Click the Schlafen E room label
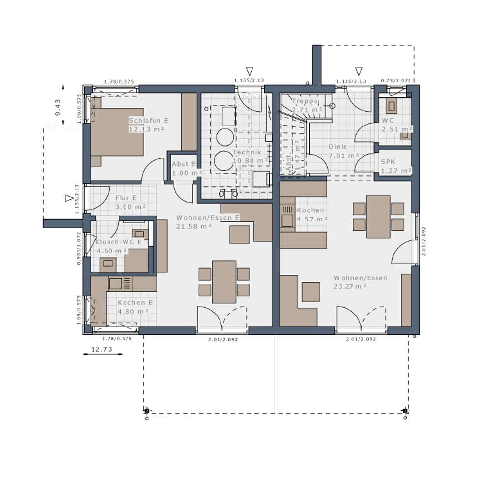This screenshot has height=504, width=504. click(x=149, y=121)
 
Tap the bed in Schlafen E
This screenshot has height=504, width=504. click(x=117, y=131)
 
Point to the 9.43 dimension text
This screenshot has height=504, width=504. click(x=58, y=107)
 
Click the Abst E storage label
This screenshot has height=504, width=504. click(x=184, y=164)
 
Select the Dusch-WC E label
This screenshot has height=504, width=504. click(x=120, y=242)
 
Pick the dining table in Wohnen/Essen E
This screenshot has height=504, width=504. click(x=224, y=282)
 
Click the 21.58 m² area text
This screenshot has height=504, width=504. click(x=193, y=226)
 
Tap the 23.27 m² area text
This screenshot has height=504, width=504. click(x=350, y=286)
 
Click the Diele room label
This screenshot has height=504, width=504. click(x=338, y=147)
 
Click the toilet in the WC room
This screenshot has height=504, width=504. click(x=392, y=106)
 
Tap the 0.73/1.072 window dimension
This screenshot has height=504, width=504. click(x=396, y=80)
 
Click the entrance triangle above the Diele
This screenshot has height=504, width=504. click(x=359, y=71)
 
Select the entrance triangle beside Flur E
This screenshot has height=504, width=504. click(x=69, y=198)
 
